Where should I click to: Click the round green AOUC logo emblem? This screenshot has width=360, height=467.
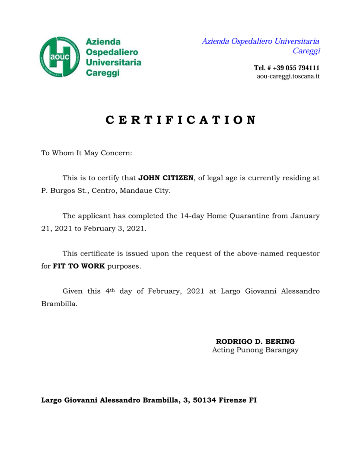coord(60,57)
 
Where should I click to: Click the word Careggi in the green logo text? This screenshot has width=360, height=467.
coord(102,73)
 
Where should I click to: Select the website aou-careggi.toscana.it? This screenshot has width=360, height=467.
coord(288,77)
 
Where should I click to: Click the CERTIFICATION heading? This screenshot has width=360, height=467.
coord(180,120)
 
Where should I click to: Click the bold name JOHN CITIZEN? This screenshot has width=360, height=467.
coord(166,178)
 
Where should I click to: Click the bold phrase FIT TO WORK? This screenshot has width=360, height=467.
coord(79,266)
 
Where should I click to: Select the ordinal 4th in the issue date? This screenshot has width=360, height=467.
coord(110,291)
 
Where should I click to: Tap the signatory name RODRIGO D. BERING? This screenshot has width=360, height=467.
coord(255,342)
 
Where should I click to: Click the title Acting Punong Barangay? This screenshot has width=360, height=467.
coord(255,350)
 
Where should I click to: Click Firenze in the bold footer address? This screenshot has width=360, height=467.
coord(233,400)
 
